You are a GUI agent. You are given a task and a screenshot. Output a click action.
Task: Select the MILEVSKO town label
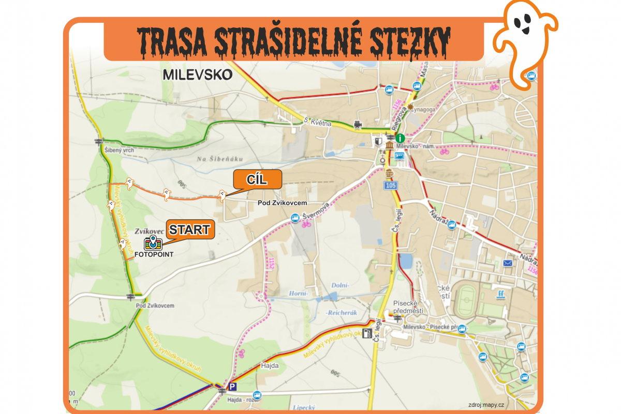[197, 75]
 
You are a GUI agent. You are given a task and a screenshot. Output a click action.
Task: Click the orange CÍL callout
[257, 179]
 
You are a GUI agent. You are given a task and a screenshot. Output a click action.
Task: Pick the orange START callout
[189, 230]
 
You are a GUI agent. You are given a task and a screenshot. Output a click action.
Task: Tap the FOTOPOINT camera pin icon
[153, 242]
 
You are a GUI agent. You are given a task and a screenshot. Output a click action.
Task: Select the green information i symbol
[400, 138]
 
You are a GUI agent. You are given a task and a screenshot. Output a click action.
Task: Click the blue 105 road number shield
[391, 185]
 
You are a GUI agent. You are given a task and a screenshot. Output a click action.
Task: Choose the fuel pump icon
[367, 333]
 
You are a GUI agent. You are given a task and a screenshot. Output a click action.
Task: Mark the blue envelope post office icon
[507, 263]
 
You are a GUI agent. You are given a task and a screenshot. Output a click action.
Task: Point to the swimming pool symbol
[499, 295]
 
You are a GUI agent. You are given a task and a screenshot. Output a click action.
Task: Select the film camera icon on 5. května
[357, 125]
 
